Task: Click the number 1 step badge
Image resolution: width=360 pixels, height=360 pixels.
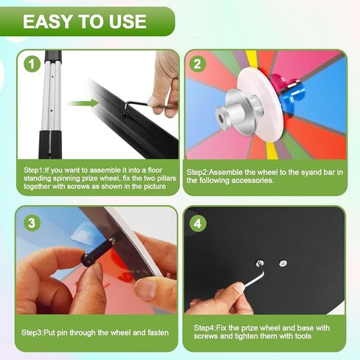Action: (32, 64)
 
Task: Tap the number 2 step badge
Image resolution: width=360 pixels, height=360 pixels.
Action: (198, 64)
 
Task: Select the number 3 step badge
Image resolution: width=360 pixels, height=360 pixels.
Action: (32, 224)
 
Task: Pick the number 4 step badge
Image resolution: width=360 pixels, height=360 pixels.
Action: (198, 224)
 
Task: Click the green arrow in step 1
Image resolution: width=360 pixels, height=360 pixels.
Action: (83, 103)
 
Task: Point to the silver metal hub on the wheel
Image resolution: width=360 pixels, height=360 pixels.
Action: (238, 112)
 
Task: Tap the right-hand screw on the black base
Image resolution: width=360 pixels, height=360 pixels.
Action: (283, 263)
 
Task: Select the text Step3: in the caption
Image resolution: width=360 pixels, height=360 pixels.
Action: (32, 333)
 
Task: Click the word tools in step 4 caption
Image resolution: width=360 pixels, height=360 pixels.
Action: (303, 336)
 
